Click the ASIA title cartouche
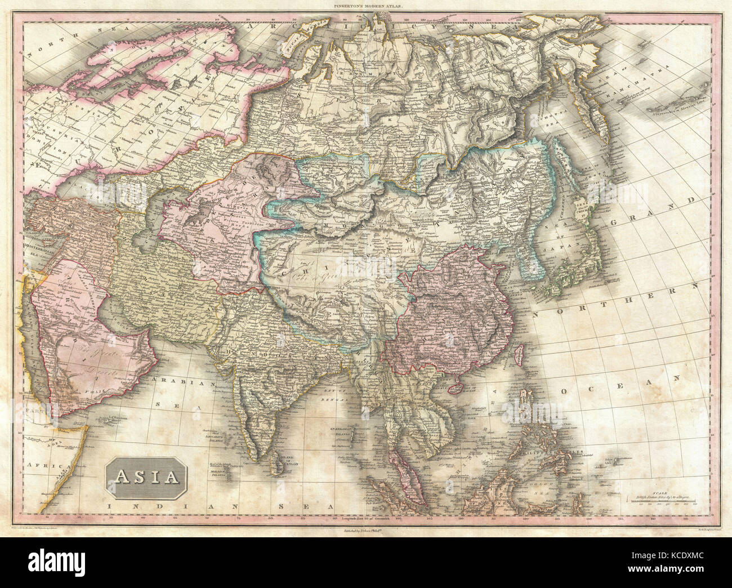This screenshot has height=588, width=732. point(145,476)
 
